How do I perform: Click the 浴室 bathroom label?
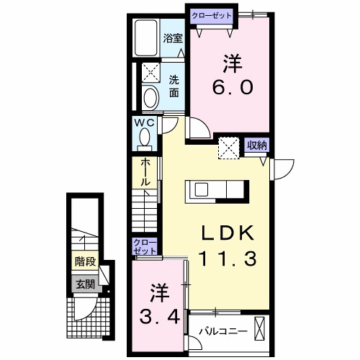coord(172,38)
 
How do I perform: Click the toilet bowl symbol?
coord(151,98)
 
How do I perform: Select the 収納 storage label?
coord(257,145)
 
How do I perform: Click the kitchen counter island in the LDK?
coord(217,190)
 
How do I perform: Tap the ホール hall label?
coord(145,173)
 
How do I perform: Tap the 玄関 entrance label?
coord(84,283)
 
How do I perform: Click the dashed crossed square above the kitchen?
coord(230,147)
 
